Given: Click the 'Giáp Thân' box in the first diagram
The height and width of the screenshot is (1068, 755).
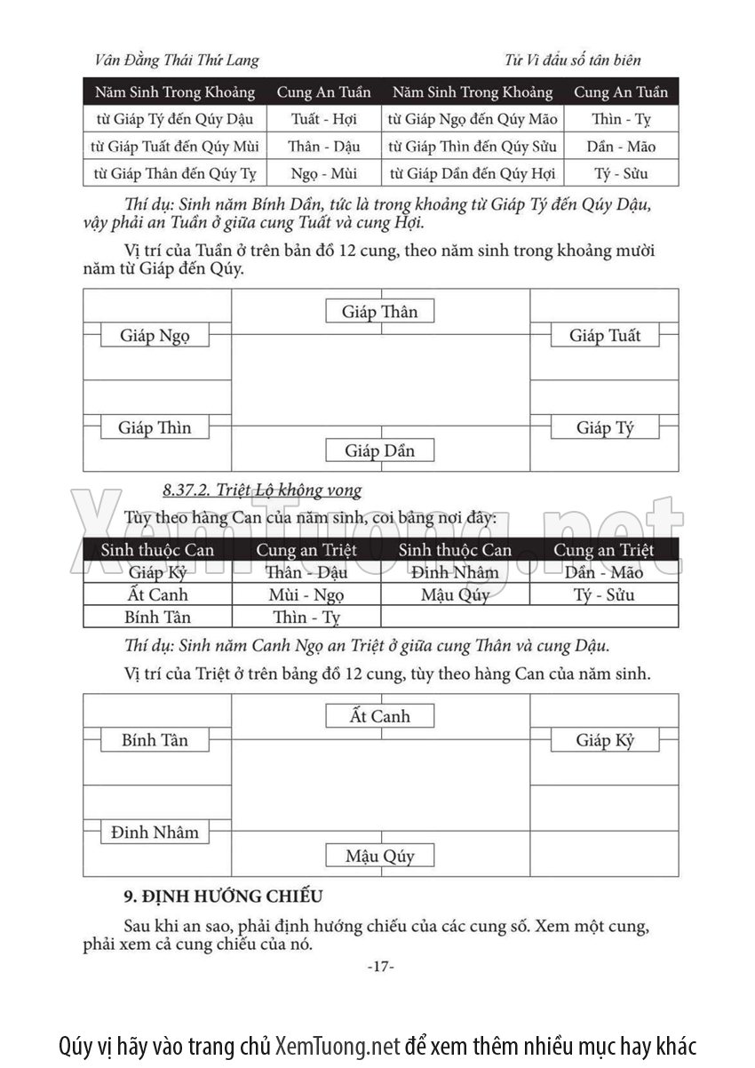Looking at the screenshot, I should [380, 312].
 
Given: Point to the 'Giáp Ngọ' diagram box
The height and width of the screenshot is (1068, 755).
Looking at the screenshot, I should [155, 336].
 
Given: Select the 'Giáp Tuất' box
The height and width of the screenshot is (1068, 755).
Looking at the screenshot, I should [605, 336].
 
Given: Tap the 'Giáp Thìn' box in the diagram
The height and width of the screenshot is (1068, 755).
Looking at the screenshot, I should [155, 427].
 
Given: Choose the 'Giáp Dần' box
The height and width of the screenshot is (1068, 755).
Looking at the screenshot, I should [380, 450].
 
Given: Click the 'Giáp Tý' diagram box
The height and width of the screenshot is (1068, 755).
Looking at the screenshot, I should [605, 427].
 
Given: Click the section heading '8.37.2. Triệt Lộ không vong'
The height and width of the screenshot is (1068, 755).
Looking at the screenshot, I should [262, 490].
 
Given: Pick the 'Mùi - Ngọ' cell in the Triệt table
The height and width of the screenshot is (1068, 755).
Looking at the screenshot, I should [306, 594].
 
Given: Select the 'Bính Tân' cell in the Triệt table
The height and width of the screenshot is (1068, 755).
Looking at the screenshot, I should [157, 617].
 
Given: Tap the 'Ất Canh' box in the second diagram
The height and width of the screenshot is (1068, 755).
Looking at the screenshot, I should [380, 716].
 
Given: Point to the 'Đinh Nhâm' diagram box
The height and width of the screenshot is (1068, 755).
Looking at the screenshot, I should [155, 833].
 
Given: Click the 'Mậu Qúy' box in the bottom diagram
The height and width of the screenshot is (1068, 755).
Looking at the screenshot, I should [380, 856].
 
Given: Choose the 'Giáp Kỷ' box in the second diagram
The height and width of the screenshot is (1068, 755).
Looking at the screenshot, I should [605, 740].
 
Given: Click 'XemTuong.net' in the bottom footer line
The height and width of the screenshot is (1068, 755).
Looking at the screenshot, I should [338, 1044].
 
